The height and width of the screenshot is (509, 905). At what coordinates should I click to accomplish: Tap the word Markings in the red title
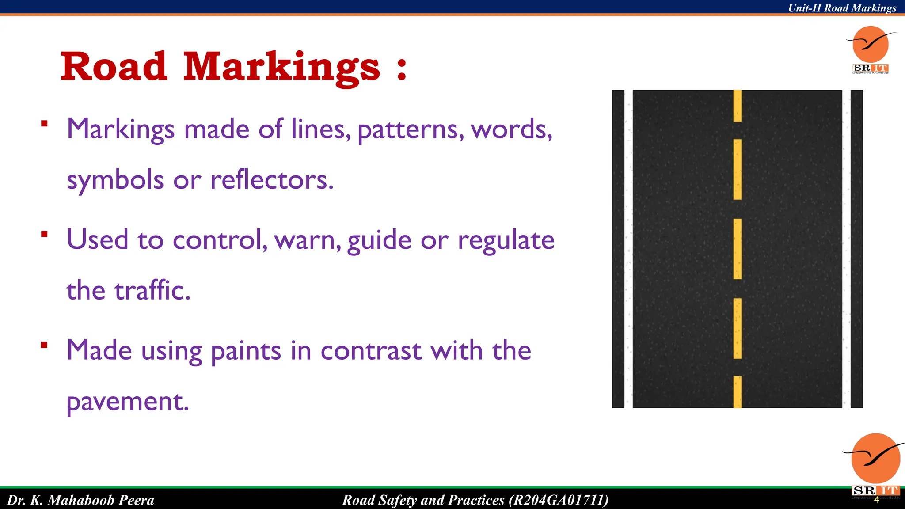click(x=281, y=67)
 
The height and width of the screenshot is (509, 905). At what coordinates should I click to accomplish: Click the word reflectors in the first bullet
click(x=271, y=180)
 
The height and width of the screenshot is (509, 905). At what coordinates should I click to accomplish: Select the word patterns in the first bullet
click(x=411, y=129)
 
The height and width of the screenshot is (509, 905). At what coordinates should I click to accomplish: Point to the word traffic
click(x=152, y=290)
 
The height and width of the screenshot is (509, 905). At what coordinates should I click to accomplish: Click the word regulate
click(x=506, y=241)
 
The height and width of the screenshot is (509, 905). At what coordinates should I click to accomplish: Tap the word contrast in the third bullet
click(x=371, y=351)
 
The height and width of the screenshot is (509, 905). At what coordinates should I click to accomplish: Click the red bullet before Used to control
click(x=44, y=234)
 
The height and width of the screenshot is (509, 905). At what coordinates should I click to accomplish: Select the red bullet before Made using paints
click(x=44, y=345)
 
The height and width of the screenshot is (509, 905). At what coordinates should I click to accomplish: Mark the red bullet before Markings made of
click(x=44, y=124)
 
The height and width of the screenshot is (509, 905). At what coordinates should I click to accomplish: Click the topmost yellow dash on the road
click(x=738, y=106)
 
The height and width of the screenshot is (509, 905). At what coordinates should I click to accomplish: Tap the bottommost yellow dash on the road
click(x=738, y=392)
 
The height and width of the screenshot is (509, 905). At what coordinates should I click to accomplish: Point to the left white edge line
click(x=628, y=249)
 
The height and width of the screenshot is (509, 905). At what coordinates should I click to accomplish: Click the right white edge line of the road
click(x=846, y=249)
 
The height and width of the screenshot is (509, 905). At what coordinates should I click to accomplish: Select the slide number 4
click(x=877, y=500)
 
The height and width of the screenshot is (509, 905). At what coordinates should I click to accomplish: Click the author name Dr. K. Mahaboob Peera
click(x=81, y=500)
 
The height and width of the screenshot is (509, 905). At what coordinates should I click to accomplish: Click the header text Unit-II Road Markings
click(x=842, y=8)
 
